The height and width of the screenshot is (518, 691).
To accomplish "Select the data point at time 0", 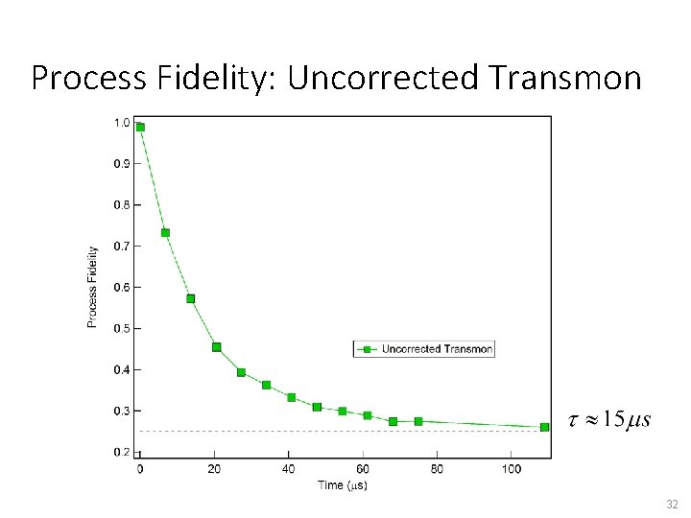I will [140, 127].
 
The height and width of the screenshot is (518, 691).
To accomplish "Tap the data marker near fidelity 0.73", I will [165, 233].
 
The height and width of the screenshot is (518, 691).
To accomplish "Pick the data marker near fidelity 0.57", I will [190, 299].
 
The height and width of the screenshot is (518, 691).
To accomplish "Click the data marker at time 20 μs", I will [216, 347].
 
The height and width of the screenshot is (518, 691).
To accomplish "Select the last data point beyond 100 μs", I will [544, 427].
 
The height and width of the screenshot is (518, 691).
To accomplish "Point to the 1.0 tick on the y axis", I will [123, 122].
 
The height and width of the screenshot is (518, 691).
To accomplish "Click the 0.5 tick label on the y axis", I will [123, 328].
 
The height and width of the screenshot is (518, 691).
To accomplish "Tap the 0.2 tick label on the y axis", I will [123, 452].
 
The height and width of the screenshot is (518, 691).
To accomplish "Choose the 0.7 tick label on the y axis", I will [123, 246].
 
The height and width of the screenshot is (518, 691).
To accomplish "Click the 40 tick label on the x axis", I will [289, 469].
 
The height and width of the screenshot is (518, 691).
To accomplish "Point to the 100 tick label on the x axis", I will [512, 469].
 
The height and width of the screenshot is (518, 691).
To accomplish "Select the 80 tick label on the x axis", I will [437, 469].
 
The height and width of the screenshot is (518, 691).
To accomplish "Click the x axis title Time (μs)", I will [342, 485].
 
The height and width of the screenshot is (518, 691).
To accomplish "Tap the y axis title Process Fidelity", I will [93, 287].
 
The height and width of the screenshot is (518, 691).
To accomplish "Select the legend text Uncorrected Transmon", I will [437, 349].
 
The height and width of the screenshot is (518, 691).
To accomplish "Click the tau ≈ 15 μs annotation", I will [610, 419].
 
